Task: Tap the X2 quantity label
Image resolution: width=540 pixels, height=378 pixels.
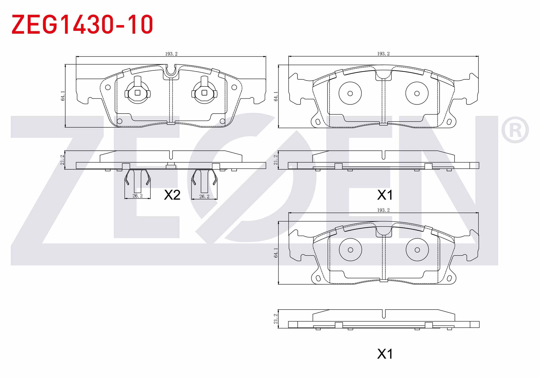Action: point(172,195)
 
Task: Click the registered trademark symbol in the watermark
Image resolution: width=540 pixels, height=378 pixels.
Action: point(515,130)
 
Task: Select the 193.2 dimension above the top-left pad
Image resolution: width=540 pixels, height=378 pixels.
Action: point(171,54)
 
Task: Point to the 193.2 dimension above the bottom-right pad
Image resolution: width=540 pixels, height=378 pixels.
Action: point(383,210)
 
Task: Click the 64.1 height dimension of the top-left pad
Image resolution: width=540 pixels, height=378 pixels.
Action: point(63,96)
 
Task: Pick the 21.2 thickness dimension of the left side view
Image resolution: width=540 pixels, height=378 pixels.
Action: point(62,160)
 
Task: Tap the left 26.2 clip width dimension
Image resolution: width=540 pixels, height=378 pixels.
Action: point(137,196)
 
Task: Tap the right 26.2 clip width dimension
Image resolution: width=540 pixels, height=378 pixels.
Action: point(204,197)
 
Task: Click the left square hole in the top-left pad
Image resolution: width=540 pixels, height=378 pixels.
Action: point(138,93)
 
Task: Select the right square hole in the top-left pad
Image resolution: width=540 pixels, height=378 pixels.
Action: point(204,93)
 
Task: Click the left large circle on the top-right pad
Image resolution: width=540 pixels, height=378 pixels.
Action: point(350,93)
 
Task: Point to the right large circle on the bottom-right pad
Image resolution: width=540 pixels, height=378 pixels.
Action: point(417,250)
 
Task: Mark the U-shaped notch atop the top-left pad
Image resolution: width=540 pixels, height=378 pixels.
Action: point(171,70)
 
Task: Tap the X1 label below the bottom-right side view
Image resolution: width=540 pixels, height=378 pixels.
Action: point(385,354)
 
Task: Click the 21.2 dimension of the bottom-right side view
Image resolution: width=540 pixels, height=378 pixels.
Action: point(275,319)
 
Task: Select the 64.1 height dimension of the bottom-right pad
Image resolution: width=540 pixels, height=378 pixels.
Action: point(275,253)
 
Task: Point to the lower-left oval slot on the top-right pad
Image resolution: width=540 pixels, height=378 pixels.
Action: point(318,122)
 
